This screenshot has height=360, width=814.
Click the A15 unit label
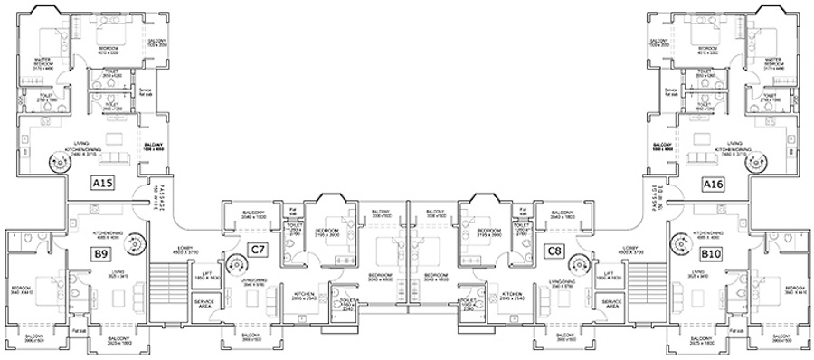[101, 184]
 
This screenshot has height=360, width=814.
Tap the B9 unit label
[101, 252]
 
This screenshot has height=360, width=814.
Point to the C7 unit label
[259, 249]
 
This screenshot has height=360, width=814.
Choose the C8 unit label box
[554, 249]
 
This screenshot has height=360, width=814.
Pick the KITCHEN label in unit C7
[304, 294]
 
